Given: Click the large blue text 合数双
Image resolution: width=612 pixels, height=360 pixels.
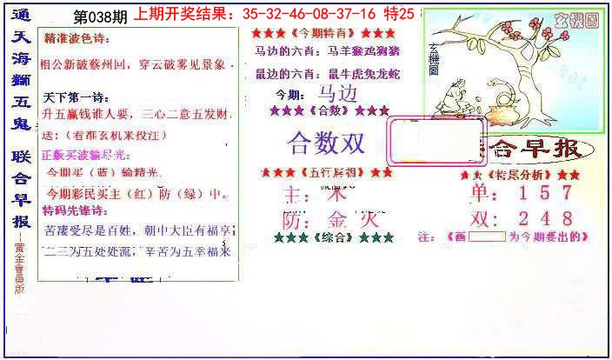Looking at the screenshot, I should point(326,142).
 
